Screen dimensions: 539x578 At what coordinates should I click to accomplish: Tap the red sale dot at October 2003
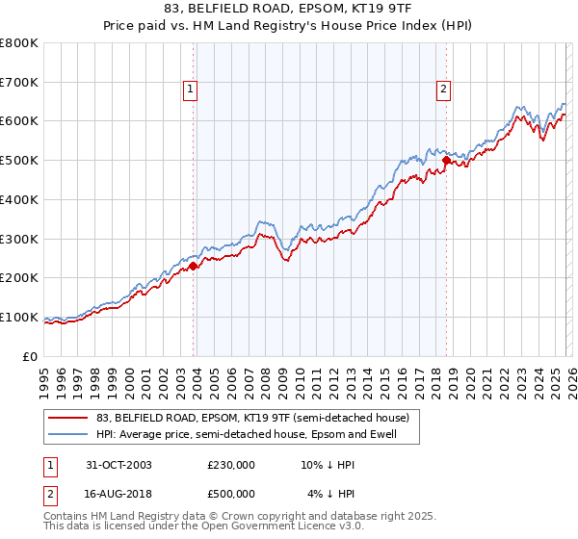pyautogui.click(x=194, y=266)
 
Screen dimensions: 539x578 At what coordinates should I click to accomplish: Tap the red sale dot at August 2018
pyautogui.click(x=446, y=160)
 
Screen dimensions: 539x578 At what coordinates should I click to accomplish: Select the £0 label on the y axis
pyautogui.click(x=31, y=356)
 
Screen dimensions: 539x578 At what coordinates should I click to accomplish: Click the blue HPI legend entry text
pyautogui.click(x=246, y=434)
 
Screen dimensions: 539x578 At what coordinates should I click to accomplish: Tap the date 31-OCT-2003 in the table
pyautogui.click(x=118, y=465)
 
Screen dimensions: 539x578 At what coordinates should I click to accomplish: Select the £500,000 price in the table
pyautogui.click(x=231, y=494)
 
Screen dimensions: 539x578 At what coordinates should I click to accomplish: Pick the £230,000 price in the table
pyautogui.click(x=231, y=465)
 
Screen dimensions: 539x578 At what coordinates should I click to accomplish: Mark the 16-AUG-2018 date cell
pyautogui.click(x=118, y=494)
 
